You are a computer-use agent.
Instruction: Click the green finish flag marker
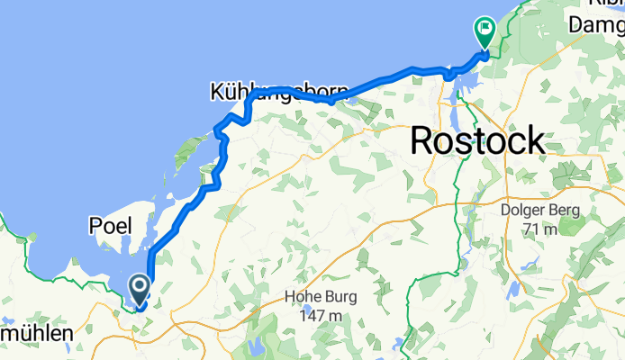tap(485, 34)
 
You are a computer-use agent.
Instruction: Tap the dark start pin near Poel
tap(140, 291)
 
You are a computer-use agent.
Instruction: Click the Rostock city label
tap(477, 139)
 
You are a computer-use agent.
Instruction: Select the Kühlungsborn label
tap(262, 92)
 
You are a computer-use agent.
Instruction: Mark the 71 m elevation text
tap(542, 229)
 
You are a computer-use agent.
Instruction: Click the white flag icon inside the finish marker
tap(485, 30)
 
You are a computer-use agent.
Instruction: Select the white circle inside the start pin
tap(140, 286)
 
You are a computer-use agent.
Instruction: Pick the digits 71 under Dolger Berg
tap(532, 229)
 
